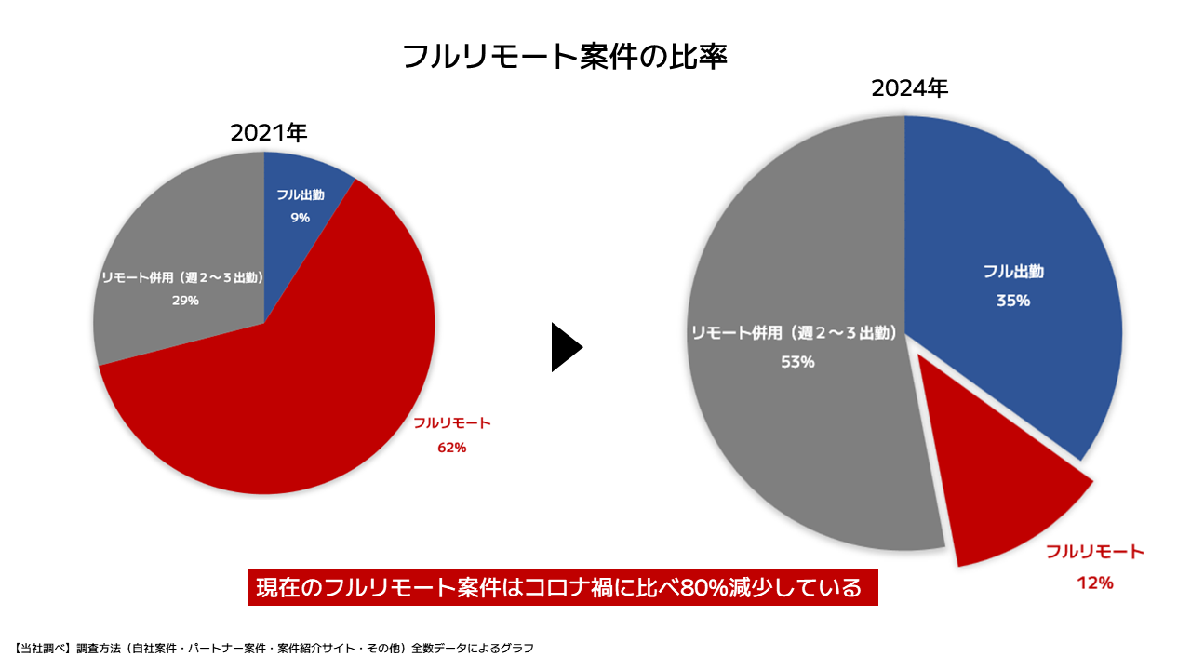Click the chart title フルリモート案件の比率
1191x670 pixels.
(x=564, y=57)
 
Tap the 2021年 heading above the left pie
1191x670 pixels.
(x=269, y=133)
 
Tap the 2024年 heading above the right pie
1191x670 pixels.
(x=909, y=89)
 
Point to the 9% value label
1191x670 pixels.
(x=300, y=218)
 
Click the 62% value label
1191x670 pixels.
(x=451, y=448)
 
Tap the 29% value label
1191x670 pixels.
(x=184, y=301)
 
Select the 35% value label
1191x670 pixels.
(x=1013, y=301)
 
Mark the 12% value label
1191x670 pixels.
(x=1095, y=583)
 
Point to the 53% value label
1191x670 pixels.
(x=797, y=362)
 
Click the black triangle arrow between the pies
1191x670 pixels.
(x=566, y=347)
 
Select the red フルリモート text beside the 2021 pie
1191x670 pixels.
(x=451, y=423)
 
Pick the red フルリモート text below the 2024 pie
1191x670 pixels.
(x=1094, y=553)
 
